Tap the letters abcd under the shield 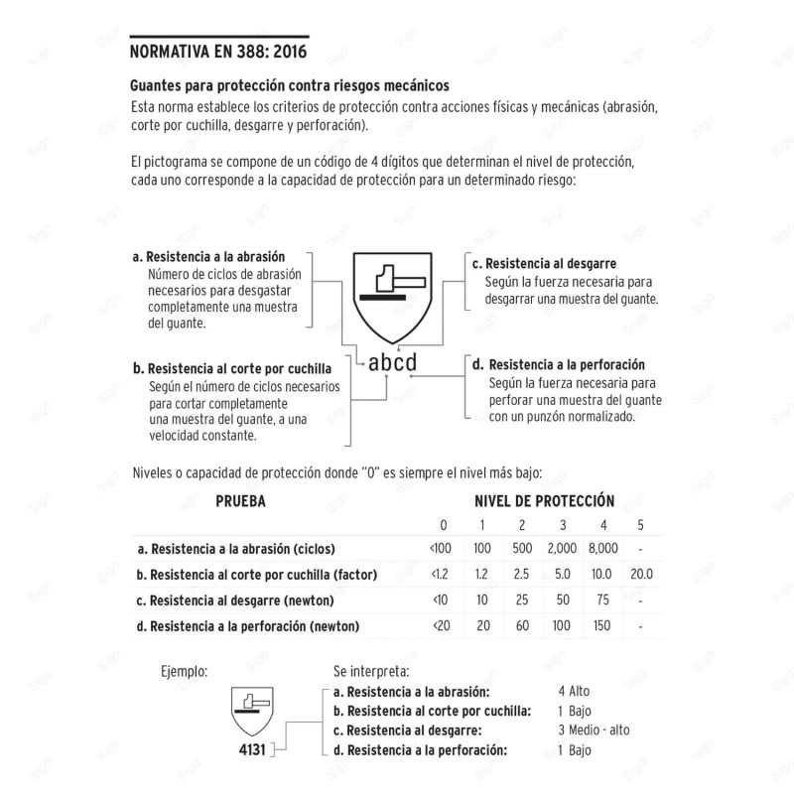[x=392, y=362]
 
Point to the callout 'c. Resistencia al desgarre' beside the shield [x=544, y=264]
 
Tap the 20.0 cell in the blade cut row [x=641, y=575]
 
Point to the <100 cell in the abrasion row [x=441, y=549]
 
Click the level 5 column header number [x=641, y=525]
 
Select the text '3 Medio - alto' [x=594, y=729]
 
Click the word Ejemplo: [x=184, y=671]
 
